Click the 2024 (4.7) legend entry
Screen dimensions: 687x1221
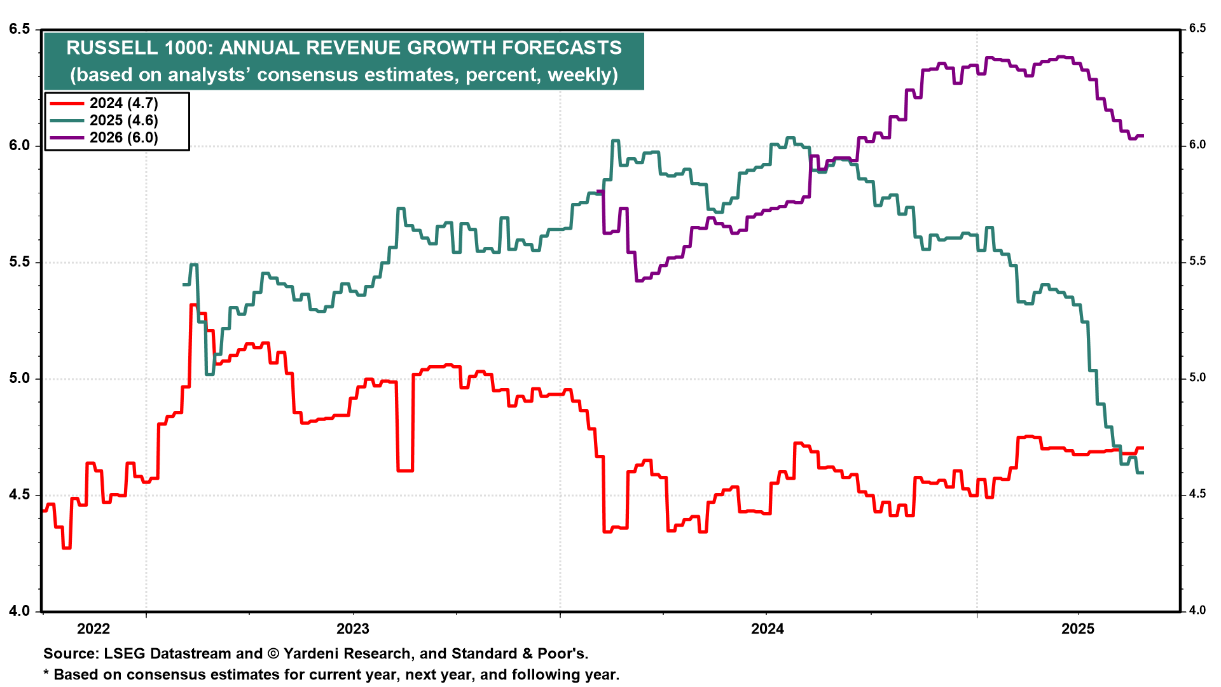[x=123, y=103]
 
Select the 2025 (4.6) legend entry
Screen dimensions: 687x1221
[x=123, y=120]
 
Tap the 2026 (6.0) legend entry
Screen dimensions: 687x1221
[x=123, y=137]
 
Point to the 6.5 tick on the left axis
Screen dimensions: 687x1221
[x=20, y=29]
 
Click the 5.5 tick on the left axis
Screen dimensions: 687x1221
[x=20, y=262]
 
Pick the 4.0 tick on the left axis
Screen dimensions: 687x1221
[x=20, y=611]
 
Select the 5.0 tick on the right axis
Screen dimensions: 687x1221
[x=1197, y=378]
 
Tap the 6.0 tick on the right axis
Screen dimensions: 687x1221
[x=1197, y=145]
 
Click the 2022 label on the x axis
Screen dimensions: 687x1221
[x=93, y=629]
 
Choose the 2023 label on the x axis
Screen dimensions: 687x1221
[x=353, y=629]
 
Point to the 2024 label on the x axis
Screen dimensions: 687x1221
[x=768, y=629]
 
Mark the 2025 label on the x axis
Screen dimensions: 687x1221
[x=1078, y=629]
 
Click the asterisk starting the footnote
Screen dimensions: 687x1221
[x=46, y=673]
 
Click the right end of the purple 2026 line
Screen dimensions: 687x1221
[x=1143, y=135]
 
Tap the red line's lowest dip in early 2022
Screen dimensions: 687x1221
[x=66, y=548]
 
